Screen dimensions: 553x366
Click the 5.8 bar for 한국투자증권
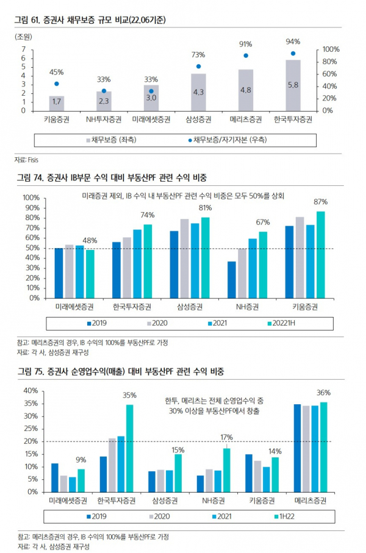point(293,85)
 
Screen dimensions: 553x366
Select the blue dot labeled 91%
point(246,55)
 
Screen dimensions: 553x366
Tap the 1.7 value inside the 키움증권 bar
point(56,101)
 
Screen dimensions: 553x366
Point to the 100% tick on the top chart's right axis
point(330,49)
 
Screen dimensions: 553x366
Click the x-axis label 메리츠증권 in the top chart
point(246,119)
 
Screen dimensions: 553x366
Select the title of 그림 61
point(91,20)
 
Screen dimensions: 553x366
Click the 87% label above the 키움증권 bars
point(321,202)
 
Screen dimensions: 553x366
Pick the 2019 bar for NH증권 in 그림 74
point(232,280)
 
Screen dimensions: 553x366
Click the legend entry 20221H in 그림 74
point(285,323)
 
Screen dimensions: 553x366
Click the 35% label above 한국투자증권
point(129,395)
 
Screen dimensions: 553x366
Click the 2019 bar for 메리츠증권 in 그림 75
point(297,448)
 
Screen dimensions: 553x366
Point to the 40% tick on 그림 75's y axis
point(30,391)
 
